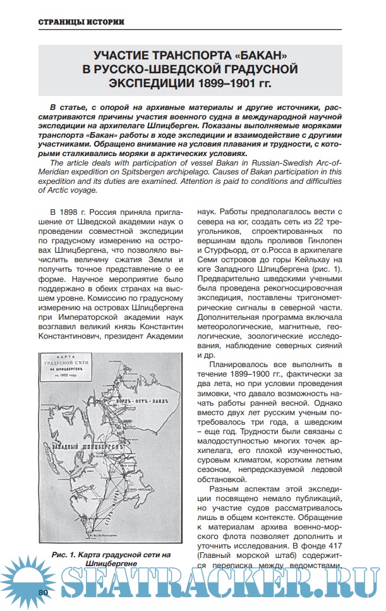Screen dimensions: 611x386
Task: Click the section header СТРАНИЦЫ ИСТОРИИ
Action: [x=81, y=22]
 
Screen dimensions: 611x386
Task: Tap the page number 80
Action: [x=44, y=592]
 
